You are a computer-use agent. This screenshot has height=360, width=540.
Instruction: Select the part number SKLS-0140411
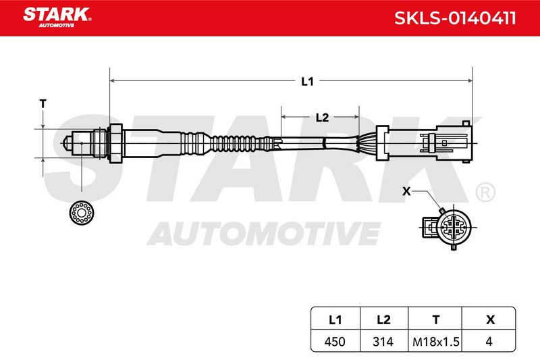click(x=455, y=18)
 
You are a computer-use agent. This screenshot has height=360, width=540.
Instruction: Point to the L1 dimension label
click(x=307, y=81)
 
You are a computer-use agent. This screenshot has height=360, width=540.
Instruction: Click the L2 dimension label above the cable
click(x=323, y=118)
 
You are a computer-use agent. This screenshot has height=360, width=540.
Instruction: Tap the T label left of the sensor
click(x=43, y=103)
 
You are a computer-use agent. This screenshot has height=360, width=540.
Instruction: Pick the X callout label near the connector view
click(x=406, y=191)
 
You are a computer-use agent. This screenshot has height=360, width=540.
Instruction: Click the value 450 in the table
click(x=335, y=342)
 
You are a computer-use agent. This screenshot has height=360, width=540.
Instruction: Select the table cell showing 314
click(x=383, y=342)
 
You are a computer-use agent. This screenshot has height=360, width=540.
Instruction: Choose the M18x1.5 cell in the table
click(x=435, y=342)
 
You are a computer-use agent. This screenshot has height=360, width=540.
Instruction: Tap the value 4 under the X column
click(x=489, y=342)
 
